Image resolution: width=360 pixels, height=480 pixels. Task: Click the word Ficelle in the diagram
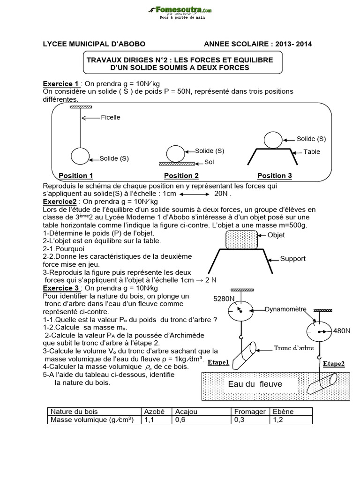[x=110, y=117]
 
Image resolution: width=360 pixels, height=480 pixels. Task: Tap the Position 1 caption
[x=76, y=176]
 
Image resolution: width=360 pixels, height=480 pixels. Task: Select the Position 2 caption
[x=181, y=176]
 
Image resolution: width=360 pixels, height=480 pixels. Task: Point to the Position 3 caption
[x=275, y=176]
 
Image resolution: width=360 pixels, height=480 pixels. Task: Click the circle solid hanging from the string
[x=80, y=157]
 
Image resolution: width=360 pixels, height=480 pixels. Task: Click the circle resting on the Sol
[x=176, y=153]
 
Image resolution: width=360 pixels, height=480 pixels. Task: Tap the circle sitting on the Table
[x=272, y=140]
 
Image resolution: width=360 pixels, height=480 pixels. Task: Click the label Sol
[x=209, y=162]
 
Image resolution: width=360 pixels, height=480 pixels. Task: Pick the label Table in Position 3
[x=312, y=152]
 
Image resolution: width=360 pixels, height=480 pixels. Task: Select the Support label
[x=293, y=259]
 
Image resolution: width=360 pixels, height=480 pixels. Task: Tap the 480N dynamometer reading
[x=342, y=331]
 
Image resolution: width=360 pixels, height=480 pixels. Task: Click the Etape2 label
[x=333, y=363]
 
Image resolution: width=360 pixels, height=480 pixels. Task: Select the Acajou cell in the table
[x=186, y=412]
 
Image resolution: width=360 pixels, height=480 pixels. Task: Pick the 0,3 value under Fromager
[x=239, y=420]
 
